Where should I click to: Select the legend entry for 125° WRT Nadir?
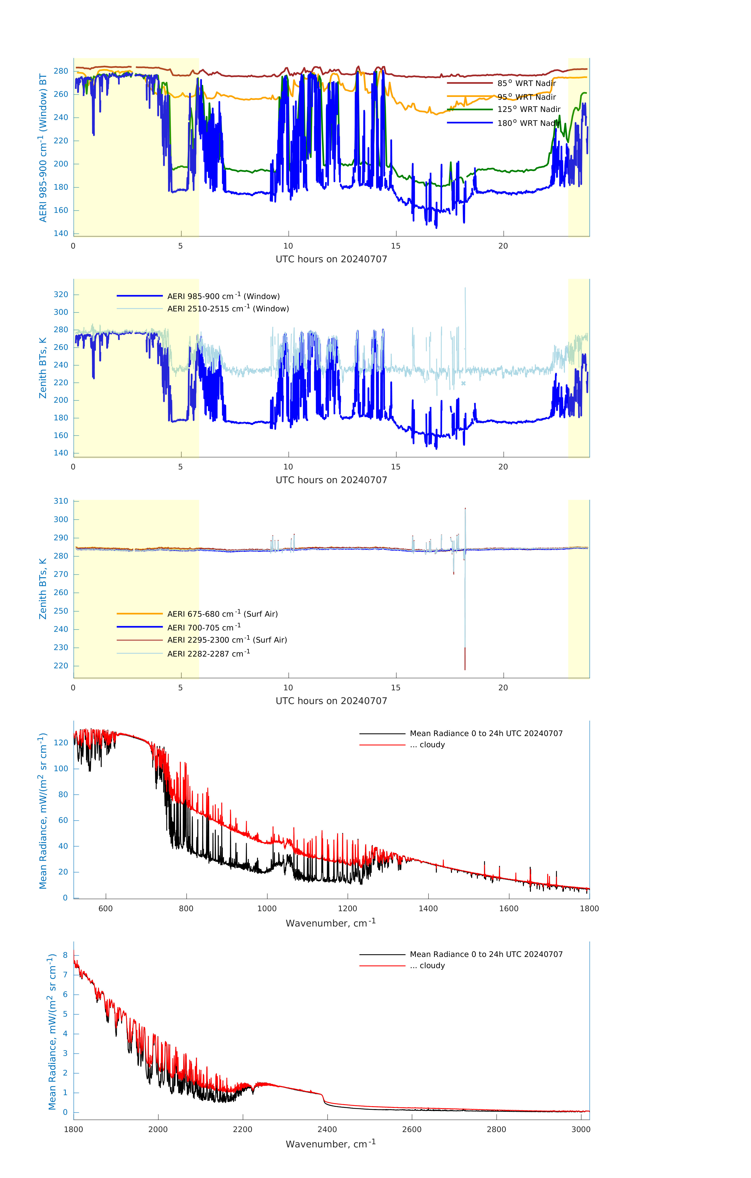tap(528, 109)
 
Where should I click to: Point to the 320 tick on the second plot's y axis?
tap(61, 294)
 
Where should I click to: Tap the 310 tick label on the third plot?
tap(61, 501)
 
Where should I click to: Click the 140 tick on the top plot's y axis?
tap(61, 233)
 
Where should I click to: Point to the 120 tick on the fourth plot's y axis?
tap(61, 743)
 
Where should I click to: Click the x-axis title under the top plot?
tap(331, 259)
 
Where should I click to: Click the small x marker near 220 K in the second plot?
tap(463, 383)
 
